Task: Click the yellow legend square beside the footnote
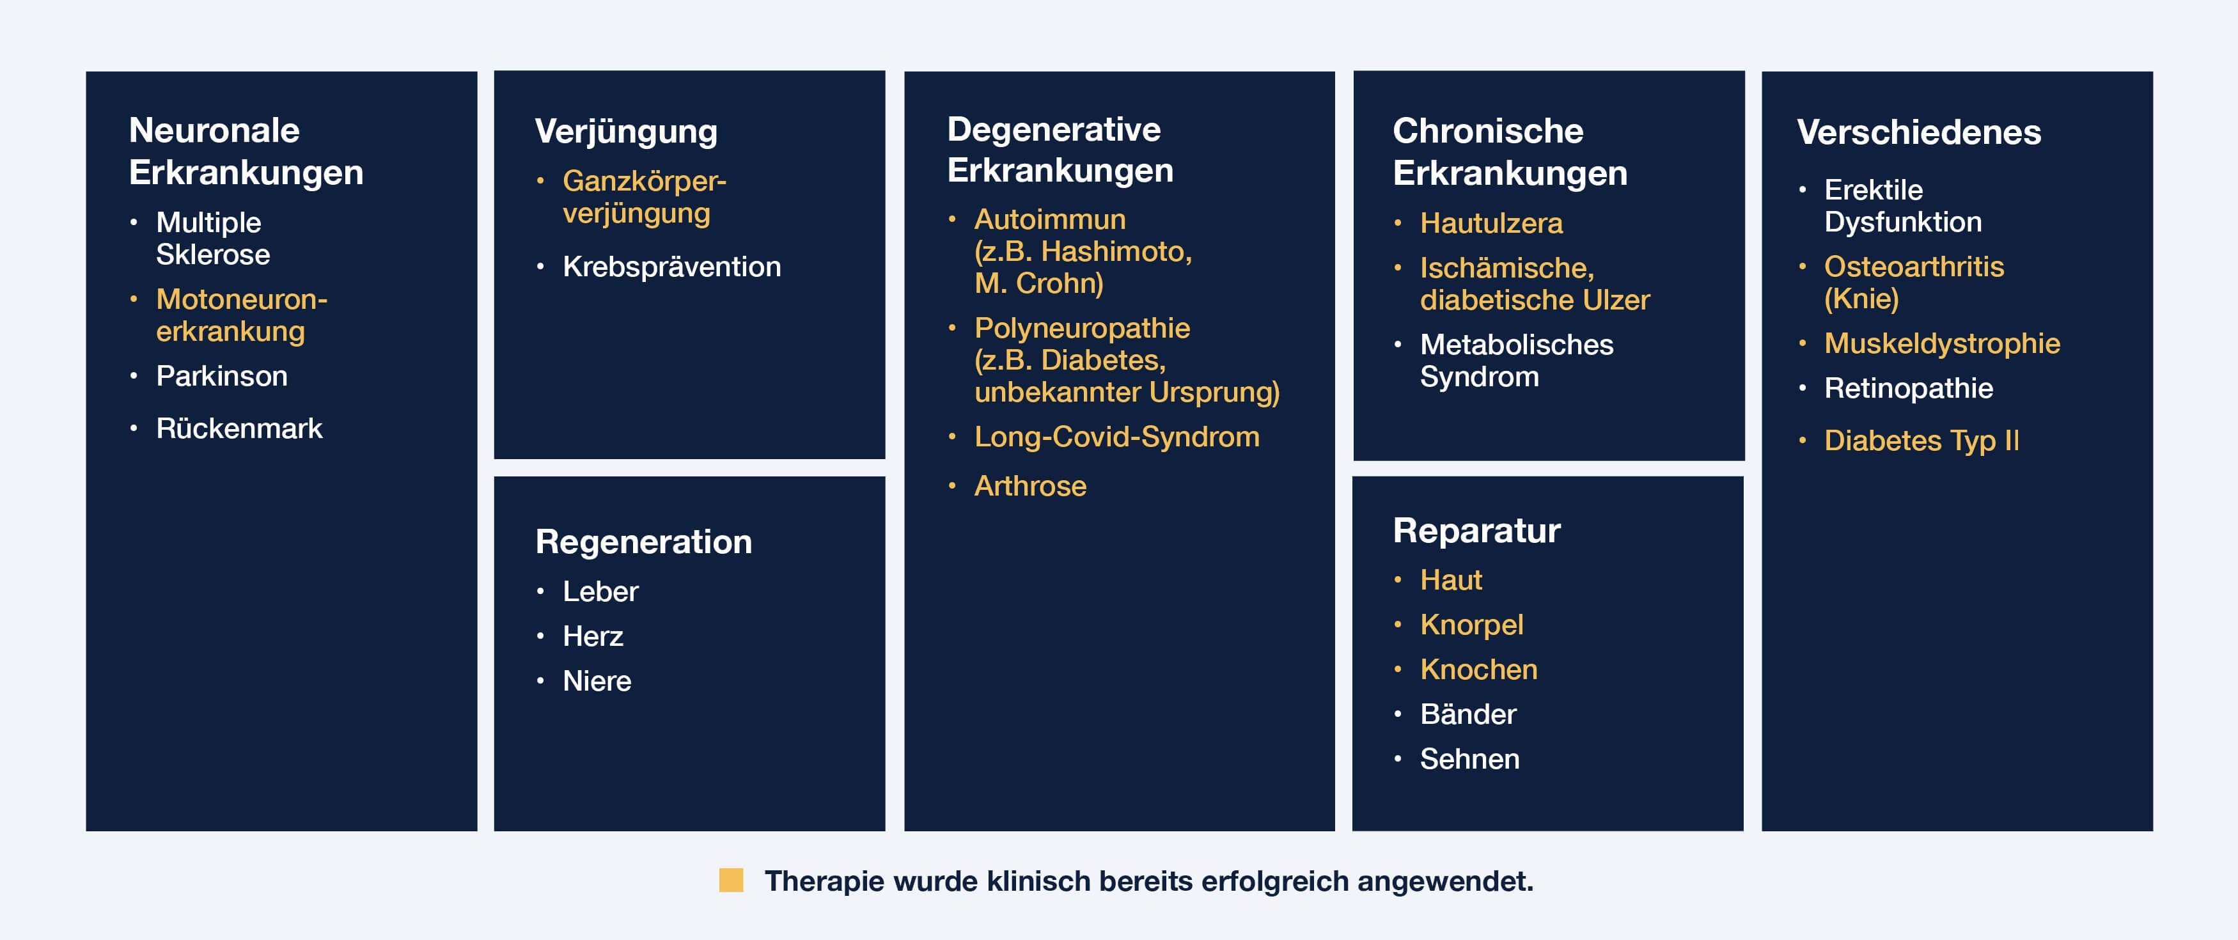click(x=731, y=880)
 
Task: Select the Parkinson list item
click(x=221, y=376)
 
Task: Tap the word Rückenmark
click(x=239, y=428)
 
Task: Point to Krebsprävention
click(x=671, y=267)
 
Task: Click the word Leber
click(x=600, y=591)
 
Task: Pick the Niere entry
click(x=597, y=681)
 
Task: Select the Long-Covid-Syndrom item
click(x=1116, y=437)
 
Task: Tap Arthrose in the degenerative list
click(x=1030, y=485)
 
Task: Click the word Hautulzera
click(x=1491, y=223)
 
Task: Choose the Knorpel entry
click(x=1472, y=625)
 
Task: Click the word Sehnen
click(x=1470, y=759)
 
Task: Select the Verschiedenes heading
click(x=1918, y=132)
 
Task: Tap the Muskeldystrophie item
click(x=1942, y=344)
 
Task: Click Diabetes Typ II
click(x=1921, y=441)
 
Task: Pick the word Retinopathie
click(x=1908, y=388)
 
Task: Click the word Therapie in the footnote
click(x=823, y=881)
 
